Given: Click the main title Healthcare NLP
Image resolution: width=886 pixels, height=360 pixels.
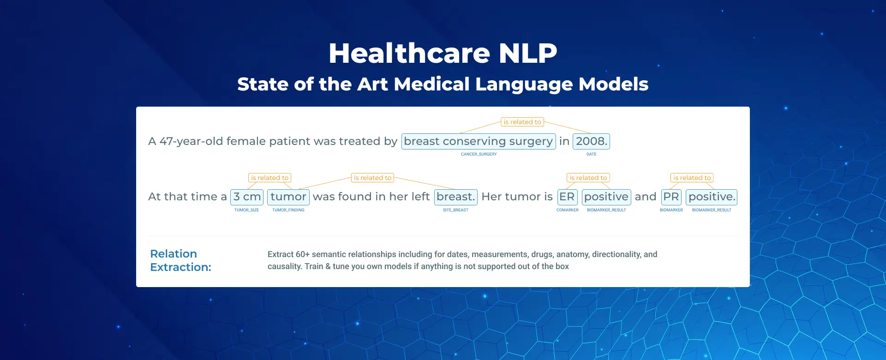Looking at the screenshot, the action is click(443, 53).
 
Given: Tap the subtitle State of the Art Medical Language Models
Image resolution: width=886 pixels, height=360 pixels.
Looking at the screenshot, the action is click(443, 84).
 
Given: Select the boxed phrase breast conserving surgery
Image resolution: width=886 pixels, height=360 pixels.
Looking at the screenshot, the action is click(479, 141).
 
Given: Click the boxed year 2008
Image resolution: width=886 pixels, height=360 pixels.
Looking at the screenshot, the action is click(591, 141).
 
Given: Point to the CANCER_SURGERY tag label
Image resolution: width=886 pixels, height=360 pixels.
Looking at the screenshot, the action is click(479, 154).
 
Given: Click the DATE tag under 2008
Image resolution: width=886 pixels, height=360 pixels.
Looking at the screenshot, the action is click(591, 154).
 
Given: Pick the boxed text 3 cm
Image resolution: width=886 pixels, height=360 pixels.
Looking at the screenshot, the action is click(247, 197).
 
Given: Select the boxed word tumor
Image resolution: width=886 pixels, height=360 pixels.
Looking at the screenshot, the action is click(288, 197).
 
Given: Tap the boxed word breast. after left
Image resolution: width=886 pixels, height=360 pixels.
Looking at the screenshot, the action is click(455, 197).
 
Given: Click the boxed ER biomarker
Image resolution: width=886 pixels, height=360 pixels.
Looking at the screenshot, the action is click(567, 197).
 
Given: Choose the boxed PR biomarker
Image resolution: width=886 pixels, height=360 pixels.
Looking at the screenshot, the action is click(671, 197).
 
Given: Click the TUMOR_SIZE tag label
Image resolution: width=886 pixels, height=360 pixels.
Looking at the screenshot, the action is click(246, 210).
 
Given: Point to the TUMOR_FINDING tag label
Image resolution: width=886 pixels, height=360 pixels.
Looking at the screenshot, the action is click(288, 210).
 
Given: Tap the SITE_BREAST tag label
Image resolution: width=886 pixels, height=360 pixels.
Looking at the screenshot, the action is click(455, 210).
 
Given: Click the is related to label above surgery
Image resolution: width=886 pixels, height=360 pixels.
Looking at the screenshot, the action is click(522, 122).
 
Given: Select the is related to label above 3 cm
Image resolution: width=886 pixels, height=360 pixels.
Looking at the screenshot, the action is click(269, 178).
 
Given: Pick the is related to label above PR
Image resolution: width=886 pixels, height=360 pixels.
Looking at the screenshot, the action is click(692, 178).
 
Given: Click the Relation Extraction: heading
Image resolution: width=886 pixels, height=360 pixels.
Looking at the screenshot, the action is click(180, 260).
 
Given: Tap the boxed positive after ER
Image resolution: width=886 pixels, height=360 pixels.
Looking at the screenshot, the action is click(606, 197).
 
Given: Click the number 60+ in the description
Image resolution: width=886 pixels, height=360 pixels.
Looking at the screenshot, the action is click(303, 254).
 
